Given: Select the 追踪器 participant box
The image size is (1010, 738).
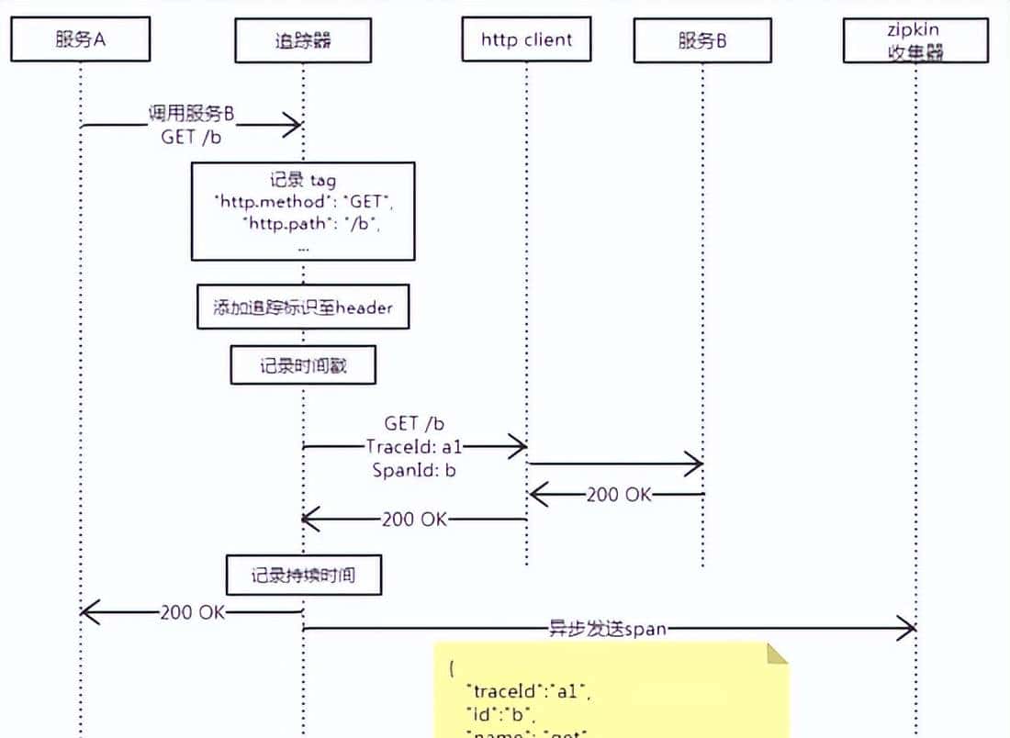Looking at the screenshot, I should pos(302,40).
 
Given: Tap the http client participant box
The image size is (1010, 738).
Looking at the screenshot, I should pos(526,39).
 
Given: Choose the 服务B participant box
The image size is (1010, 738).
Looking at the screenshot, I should pos(702,40).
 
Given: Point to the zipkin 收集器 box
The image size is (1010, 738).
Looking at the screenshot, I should pos(915,41).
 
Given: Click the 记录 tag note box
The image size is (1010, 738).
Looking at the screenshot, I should pos(303,211).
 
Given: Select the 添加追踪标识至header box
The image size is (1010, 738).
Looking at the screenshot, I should pos(303,307).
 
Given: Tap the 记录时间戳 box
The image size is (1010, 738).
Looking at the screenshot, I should pos(303,366).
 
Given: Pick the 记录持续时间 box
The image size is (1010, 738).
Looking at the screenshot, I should pos(303,576).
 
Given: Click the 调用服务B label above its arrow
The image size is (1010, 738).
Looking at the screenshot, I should pos(191,114).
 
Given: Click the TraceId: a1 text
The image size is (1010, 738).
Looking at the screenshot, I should pos(415,447).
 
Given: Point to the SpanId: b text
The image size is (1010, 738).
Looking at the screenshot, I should pos(414,470).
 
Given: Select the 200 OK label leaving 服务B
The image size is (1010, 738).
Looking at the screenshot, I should pos(618,496).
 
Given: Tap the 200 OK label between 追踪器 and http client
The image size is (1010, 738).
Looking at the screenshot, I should pos(414,520).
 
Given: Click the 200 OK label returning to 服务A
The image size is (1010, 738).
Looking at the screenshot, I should pos(191,612).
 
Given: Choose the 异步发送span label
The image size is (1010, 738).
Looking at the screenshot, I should pos(608,629).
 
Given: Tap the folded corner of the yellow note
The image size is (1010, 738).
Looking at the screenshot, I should pos(777,653).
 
